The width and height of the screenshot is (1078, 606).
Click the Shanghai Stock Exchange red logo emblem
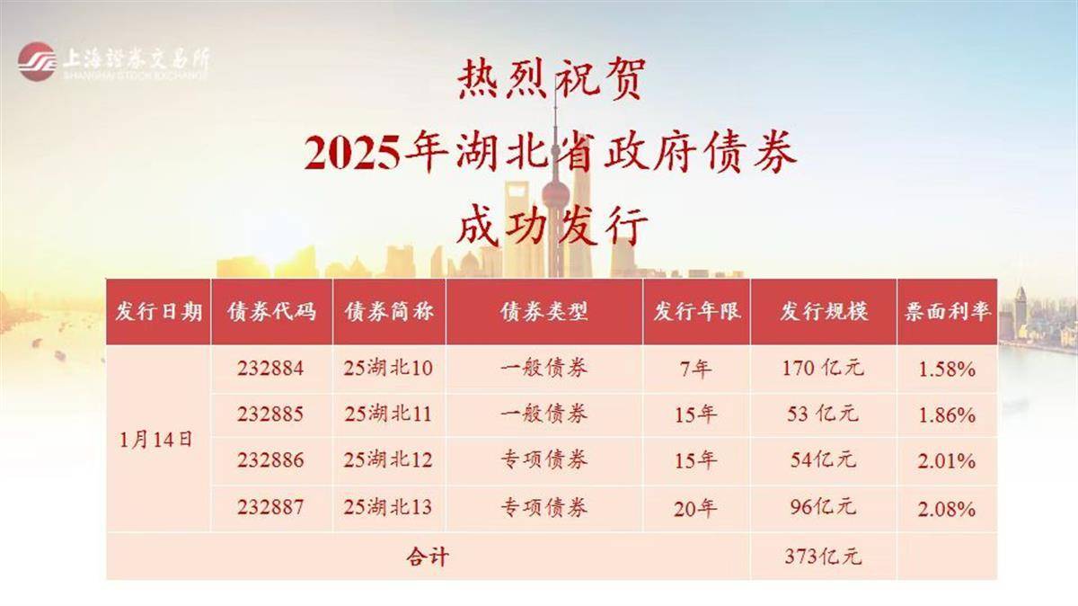[x=36, y=62]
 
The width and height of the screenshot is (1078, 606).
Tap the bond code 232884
[x=270, y=369]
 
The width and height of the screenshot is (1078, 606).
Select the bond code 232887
[x=270, y=507]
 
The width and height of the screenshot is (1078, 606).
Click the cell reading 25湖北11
[x=388, y=414]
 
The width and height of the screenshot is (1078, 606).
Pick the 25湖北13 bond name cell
[x=388, y=507]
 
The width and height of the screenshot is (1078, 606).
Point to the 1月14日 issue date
[x=156, y=440]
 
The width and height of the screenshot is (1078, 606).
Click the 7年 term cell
[x=696, y=369]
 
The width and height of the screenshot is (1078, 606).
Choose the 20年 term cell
[x=695, y=508]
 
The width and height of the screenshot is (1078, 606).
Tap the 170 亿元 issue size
[x=823, y=369]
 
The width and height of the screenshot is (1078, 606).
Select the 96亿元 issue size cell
[x=823, y=507]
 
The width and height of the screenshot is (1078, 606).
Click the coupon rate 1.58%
[x=947, y=370]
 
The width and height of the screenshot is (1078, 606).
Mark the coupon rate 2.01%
[x=947, y=461]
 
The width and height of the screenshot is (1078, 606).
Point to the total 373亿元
[x=823, y=557]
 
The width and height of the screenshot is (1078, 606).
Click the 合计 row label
[x=428, y=557]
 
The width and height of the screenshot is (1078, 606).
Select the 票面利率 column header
[x=947, y=312]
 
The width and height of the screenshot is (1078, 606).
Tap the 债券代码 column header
[x=272, y=312]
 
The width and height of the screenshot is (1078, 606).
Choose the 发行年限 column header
[x=697, y=312]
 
